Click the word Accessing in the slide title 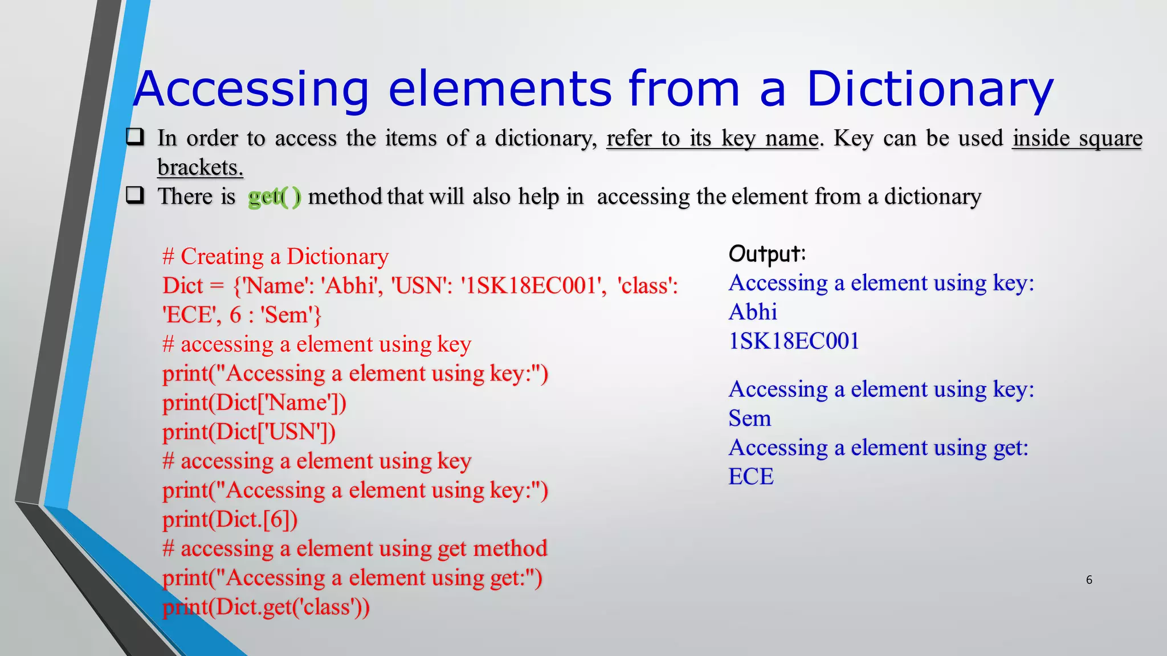click(251, 89)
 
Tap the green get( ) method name click(274, 197)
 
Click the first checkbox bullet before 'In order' click(135, 137)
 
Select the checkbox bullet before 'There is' click(135, 195)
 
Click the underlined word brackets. click(200, 167)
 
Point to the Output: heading click(767, 253)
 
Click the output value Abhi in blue click(753, 312)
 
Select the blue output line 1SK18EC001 click(794, 341)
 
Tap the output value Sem click(749, 419)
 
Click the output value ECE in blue click(751, 477)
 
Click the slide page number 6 click(1089, 580)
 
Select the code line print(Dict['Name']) click(254, 403)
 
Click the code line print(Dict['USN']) click(249, 432)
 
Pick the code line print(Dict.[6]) click(230, 520)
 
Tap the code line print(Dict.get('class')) click(266, 607)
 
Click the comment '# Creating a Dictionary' click(275, 257)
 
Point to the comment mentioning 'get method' click(354, 549)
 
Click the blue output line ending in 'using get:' click(878, 448)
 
